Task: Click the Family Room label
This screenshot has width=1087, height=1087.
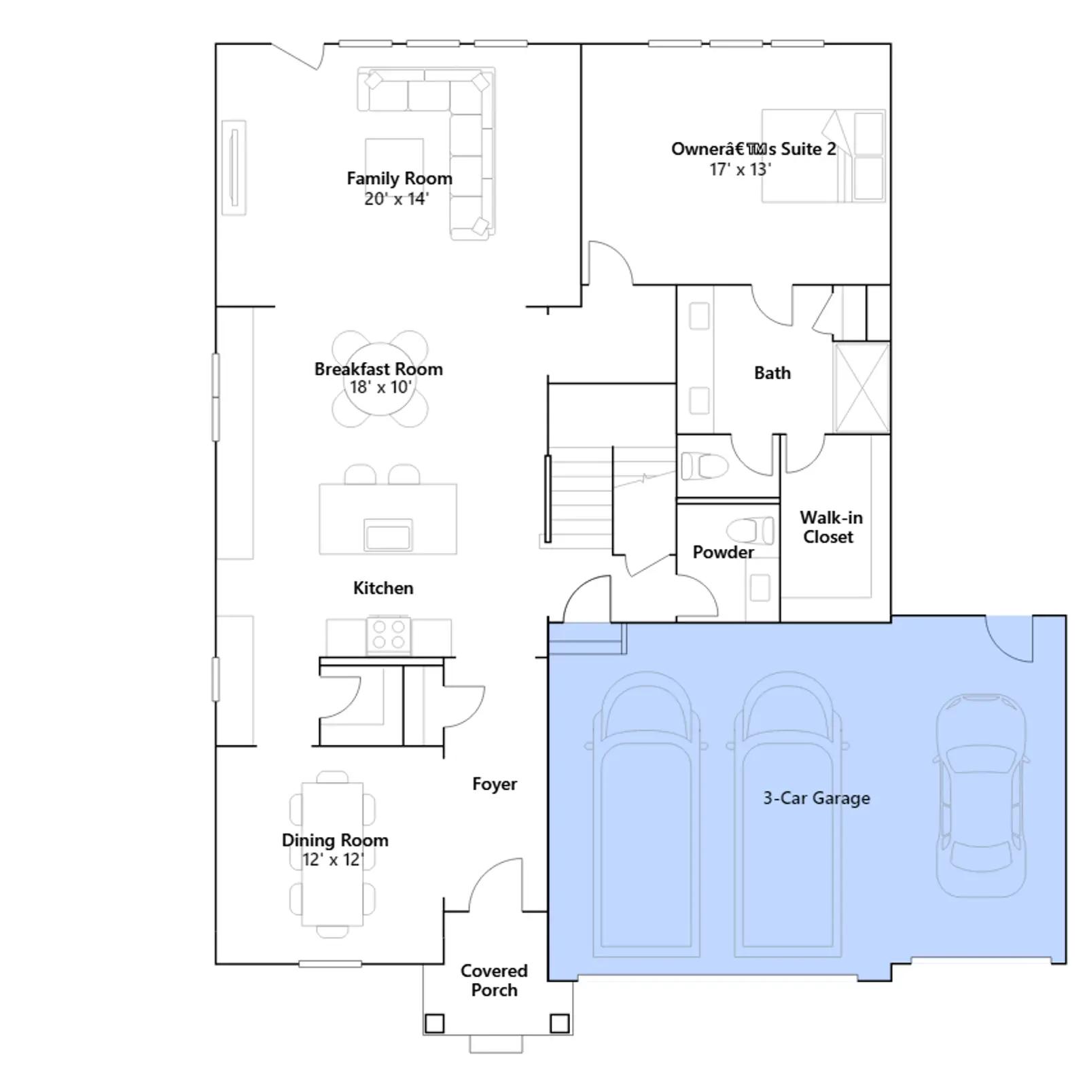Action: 399,178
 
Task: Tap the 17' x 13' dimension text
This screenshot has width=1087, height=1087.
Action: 740,169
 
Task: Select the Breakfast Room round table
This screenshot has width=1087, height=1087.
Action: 380,379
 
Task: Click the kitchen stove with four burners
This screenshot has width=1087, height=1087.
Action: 389,635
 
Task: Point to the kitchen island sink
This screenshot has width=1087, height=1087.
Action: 388,534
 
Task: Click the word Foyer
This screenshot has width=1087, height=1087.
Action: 495,784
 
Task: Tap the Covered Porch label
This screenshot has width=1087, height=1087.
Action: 494,980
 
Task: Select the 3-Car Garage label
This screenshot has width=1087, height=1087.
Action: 816,798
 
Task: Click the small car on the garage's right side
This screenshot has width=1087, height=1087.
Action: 981,795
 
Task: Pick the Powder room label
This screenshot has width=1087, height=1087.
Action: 723,552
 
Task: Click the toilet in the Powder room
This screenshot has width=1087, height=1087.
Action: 750,531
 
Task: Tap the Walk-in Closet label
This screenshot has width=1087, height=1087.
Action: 830,527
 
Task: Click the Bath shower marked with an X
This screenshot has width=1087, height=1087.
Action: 861,388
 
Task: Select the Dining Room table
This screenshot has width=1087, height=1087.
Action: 332,854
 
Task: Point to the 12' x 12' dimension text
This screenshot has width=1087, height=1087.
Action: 333,859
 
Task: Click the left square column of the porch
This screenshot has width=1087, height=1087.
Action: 434,1023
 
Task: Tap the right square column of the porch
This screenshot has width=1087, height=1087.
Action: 559,1023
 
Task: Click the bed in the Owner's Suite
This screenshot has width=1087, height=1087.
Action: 823,156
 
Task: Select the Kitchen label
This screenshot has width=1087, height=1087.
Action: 383,588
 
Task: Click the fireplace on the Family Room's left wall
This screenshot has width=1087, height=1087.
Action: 234,167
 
